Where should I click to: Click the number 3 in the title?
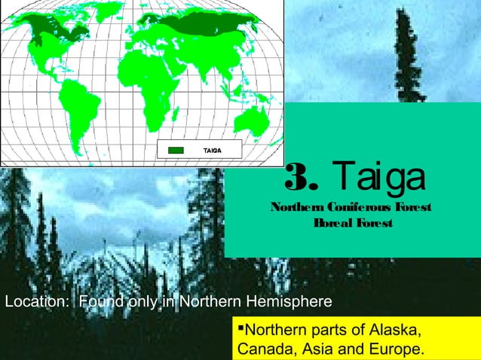click(x=299, y=178)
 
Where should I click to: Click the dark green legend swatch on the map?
click(x=175, y=150)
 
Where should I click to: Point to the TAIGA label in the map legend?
click(x=211, y=150)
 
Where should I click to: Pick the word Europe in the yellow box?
click(x=396, y=350)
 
